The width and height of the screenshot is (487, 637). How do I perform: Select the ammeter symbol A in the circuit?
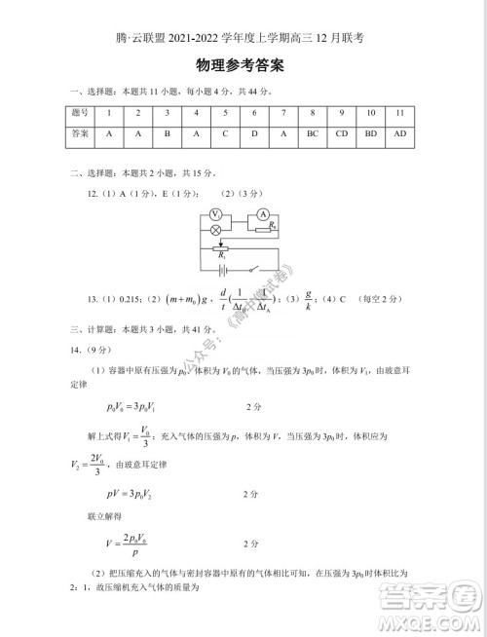263,213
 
